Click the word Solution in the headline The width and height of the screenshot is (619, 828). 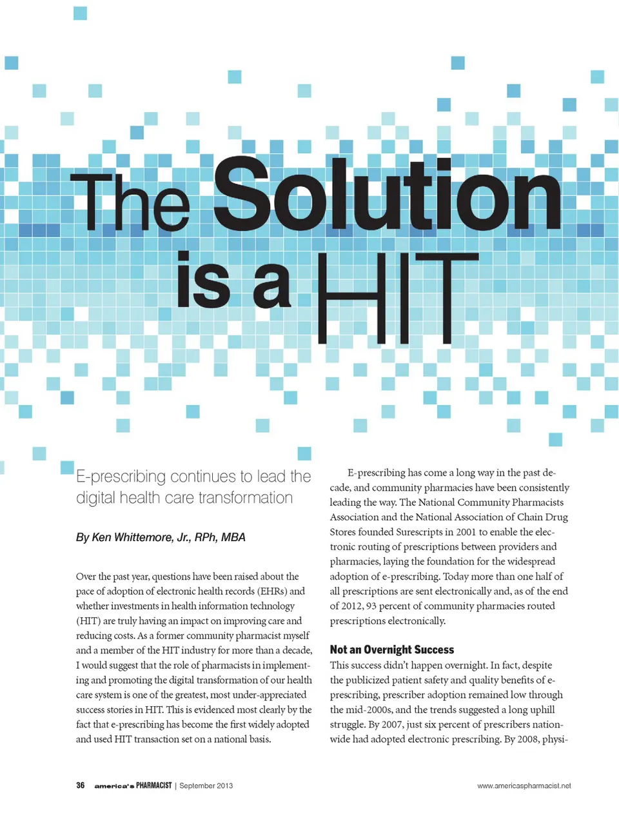(387, 195)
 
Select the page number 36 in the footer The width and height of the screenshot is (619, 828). (81, 785)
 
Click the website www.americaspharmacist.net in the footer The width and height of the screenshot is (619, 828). (524, 785)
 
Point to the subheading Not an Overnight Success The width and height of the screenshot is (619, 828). (391, 649)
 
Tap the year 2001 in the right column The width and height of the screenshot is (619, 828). (463, 532)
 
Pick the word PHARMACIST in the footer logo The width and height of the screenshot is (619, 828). (153, 785)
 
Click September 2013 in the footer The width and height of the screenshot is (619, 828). (206, 785)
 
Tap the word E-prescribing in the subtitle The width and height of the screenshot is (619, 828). (121, 477)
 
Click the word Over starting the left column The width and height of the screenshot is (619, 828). (86, 577)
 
